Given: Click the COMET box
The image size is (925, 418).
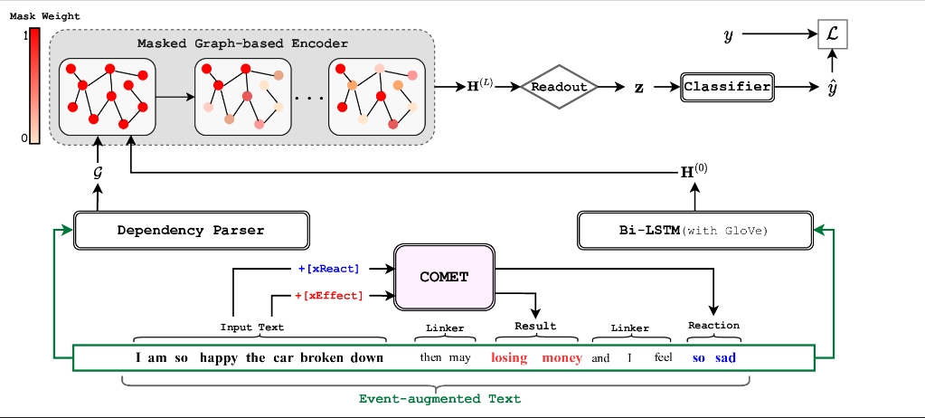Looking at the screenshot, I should click(x=444, y=276).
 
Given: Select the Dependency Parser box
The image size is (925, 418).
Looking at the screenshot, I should click(x=191, y=230).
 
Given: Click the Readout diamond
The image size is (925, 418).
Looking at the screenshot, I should click(x=559, y=88).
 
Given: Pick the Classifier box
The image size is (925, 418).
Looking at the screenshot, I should click(x=727, y=88).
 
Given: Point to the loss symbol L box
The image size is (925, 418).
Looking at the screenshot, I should click(x=834, y=35).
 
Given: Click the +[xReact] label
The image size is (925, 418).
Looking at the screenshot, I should click(x=328, y=269).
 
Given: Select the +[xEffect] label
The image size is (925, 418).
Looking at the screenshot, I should click(x=328, y=296).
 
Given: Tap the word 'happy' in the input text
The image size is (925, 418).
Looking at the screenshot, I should click(x=218, y=357).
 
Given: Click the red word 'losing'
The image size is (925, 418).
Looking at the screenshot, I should click(x=509, y=357).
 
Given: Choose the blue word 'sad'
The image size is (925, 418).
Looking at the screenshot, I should click(x=725, y=357).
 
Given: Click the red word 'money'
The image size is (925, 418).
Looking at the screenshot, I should click(x=562, y=357).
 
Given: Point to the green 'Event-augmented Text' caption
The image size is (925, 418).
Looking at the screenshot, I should click(x=439, y=398).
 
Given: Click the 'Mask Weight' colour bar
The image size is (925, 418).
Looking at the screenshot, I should click(x=34, y=86).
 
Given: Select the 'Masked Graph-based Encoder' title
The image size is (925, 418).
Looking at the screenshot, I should click(x=242, y=43).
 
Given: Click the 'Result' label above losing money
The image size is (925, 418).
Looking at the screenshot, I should click(x=535, y=326).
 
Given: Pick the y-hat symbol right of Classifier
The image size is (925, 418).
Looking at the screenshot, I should click(x=833, y=89).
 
